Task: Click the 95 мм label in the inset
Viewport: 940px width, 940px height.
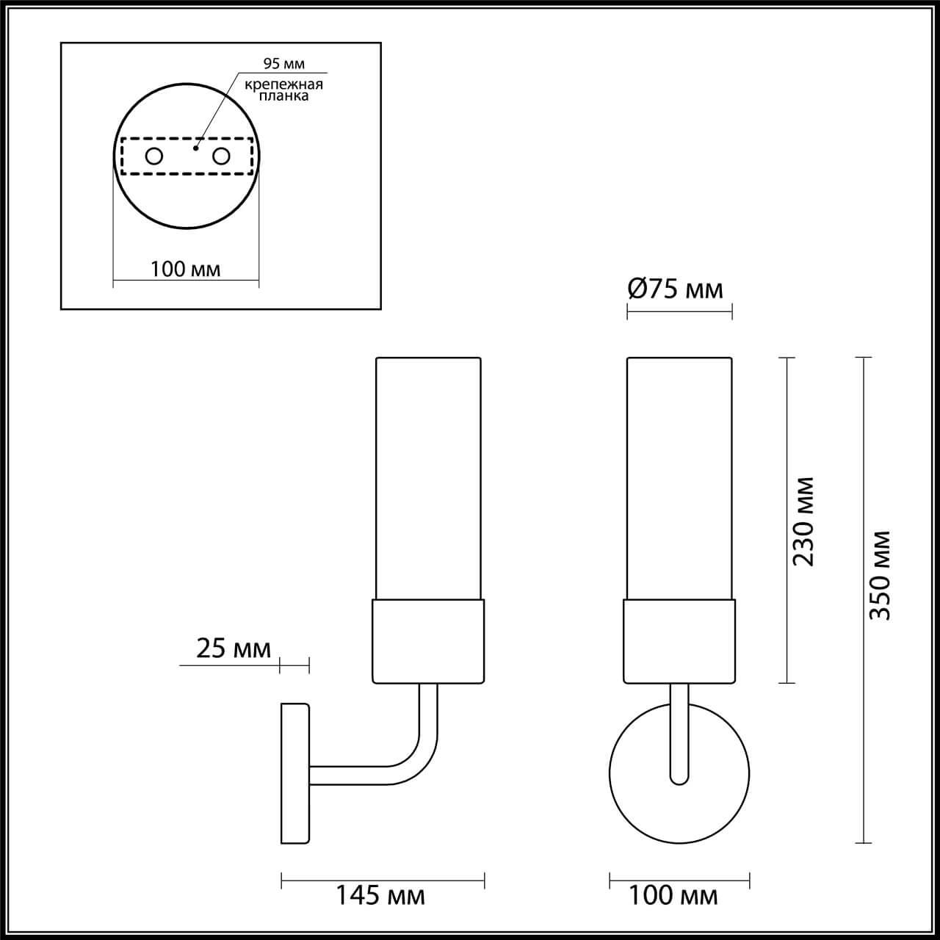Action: [x=283, y=65]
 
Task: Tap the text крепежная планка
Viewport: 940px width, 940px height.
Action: [x=283, y=90]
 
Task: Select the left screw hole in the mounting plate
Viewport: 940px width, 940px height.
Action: [x=154, y=156]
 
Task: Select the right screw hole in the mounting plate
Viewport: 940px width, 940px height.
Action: [x=221, y=156]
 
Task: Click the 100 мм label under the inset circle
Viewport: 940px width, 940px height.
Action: [x=185, y=269]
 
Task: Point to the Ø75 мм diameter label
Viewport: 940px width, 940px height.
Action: [x=675, y=289]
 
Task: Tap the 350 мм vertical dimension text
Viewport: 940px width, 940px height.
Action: [x=880, y=575]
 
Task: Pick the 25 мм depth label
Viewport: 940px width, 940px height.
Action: [x=234, y=648]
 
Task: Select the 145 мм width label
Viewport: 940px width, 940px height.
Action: [x=380, y=895]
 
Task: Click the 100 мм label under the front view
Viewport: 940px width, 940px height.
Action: [x=673, y=895]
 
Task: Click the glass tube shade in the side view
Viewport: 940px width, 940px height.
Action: [x=428, y=477]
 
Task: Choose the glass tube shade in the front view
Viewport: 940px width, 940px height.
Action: [x=679, y=477]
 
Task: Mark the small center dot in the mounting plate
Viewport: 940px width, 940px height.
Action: [x=195, y=148]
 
